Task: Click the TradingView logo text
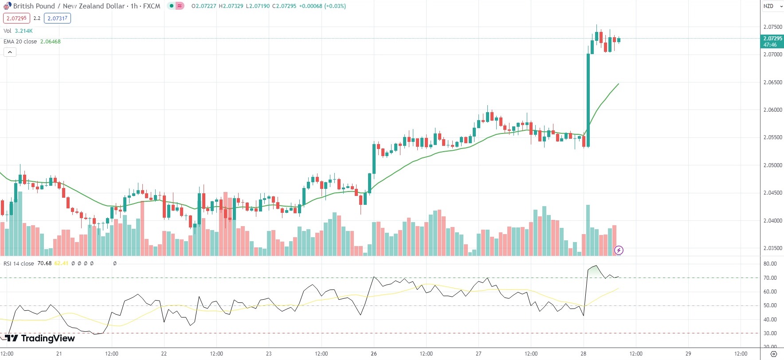click(47, 338)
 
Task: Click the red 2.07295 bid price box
click(16, 18)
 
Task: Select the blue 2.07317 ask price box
click(58, 18)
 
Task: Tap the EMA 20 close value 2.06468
click(50, 42)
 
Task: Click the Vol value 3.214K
click(24, 31)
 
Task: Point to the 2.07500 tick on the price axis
click(772, 27)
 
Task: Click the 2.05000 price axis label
click(772, 165)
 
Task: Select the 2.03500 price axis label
click(772, 248)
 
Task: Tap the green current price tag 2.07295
click(772, 41)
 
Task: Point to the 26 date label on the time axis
click(374, 354)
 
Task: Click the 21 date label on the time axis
click(59, 354)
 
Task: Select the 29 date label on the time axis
click(688, 354)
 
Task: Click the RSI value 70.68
click(44, 263)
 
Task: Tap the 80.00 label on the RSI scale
click(770, 264)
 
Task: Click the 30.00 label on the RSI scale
click(770, 333)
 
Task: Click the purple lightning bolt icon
click(619, 250)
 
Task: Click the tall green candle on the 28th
click(588, 100)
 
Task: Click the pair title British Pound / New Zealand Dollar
click(69, 6)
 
